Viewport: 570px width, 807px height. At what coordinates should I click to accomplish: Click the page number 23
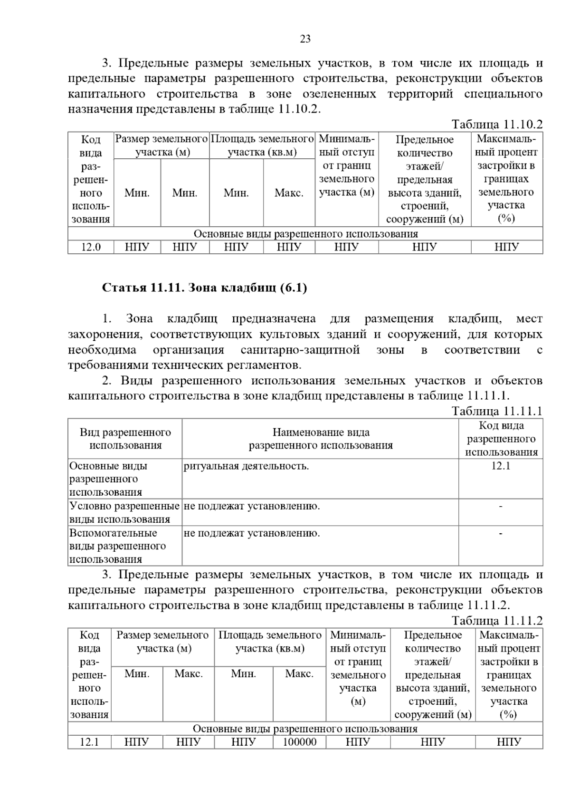pos(305,39)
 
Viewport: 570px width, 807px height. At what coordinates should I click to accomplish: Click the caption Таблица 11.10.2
pos(497,125)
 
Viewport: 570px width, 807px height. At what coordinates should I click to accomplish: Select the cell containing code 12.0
pos(91,247)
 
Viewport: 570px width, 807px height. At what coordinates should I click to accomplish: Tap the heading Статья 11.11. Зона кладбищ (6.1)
pos(205,288)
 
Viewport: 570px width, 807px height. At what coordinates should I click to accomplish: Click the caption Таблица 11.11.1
pos(497,411)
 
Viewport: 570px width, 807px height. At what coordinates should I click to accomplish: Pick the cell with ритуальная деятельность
pos(246,466)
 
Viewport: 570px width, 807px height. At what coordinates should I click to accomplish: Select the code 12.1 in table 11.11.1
pos(501,466)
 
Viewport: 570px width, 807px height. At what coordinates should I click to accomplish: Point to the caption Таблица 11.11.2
pos(497,621)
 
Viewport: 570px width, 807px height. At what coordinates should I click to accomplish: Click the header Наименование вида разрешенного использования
pos(321,439)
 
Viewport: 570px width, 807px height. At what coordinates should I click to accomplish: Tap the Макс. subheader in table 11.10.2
pos(289,193)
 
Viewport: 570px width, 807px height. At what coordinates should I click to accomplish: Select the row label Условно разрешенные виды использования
pos(124,512)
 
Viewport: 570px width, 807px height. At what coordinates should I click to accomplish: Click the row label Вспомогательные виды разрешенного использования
pos(118,546)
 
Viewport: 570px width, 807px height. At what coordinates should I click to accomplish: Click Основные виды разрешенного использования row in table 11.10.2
pos(305,234)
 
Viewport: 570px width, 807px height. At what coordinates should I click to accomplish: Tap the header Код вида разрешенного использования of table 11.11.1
pos(501,439)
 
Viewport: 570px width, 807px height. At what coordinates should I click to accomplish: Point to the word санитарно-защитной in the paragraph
pos(300,350)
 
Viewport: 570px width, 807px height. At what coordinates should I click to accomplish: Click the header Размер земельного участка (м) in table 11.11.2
pos(162,642)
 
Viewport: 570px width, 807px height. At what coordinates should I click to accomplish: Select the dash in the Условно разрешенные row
pos(501,507)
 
